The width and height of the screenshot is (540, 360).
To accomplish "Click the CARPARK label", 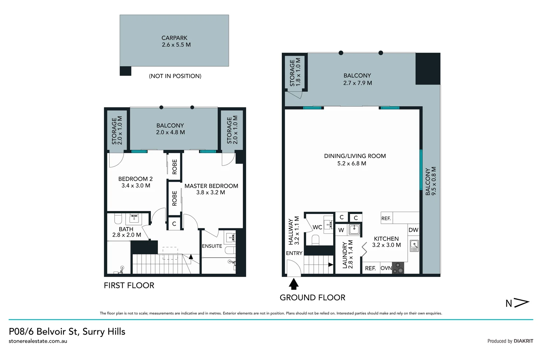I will (174, 38).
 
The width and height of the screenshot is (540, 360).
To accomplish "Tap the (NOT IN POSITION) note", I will (175, 76).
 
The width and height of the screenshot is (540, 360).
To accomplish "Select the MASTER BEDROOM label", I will (211, 186).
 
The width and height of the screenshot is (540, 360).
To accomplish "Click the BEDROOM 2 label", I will (135, 179).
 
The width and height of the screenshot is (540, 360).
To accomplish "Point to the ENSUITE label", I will (212, 246).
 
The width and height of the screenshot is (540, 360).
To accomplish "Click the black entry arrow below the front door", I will (293, 284).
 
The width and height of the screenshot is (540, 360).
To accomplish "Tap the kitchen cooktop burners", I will (398, 268).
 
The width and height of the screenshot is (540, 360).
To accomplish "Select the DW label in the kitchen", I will (413, 230).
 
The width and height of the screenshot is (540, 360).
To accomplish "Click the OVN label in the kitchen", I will (386, 268).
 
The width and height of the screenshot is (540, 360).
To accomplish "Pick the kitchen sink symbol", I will (414, 246).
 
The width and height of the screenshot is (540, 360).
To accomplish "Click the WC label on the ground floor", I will (317, 227).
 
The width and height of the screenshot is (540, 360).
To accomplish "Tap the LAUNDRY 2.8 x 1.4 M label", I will (347, 255).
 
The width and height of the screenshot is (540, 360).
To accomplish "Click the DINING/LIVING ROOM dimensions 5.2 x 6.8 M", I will (351, 163).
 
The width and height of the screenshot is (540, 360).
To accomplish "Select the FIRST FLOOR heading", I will (129, 285).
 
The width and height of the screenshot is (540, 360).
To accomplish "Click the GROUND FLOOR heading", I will (312, 297).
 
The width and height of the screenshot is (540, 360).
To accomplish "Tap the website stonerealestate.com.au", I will (38, 341).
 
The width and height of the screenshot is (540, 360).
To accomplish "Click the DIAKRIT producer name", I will (523, 341).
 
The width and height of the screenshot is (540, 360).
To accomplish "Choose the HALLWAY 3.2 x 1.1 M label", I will (293, 231).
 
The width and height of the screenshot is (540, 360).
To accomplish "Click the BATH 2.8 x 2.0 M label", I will (126, 232).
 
